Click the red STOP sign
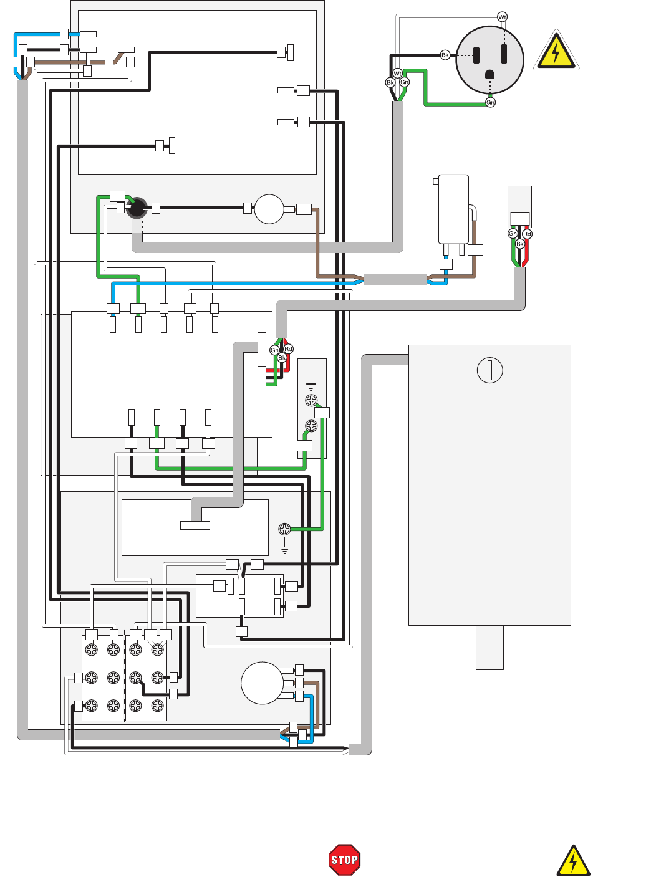344,860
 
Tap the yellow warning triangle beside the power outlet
556,52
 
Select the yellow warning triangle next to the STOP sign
573,861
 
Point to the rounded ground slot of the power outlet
490,74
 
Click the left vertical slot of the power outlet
476,55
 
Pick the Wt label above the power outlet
503,17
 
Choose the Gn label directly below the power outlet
491,102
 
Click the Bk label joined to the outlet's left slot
445,55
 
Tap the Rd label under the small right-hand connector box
528,234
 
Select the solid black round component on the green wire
137,208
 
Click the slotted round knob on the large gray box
489,370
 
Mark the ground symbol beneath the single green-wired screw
285,549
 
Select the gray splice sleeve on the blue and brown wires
395,280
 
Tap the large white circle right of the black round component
269,209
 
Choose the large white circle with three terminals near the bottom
263,683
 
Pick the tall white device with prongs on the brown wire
453,209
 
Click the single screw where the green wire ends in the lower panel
284,529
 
